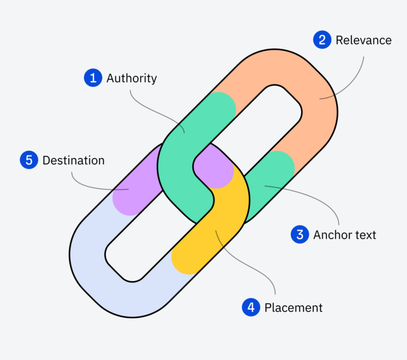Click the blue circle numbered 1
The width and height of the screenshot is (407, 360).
pos(93,78)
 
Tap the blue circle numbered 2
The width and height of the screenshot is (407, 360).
pos(322,40)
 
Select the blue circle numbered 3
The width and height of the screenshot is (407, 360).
pos(300,234)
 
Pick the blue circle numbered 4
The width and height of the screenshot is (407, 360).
pos(251,308)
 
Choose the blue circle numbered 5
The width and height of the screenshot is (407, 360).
pos(29,160)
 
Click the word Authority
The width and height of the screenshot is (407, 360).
pos(131,78)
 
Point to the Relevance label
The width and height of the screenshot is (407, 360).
pos(364,40)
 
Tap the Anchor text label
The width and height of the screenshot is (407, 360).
pos(344,234)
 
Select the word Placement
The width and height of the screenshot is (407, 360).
pos(293,308)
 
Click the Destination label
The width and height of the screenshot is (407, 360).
pos(74,160)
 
